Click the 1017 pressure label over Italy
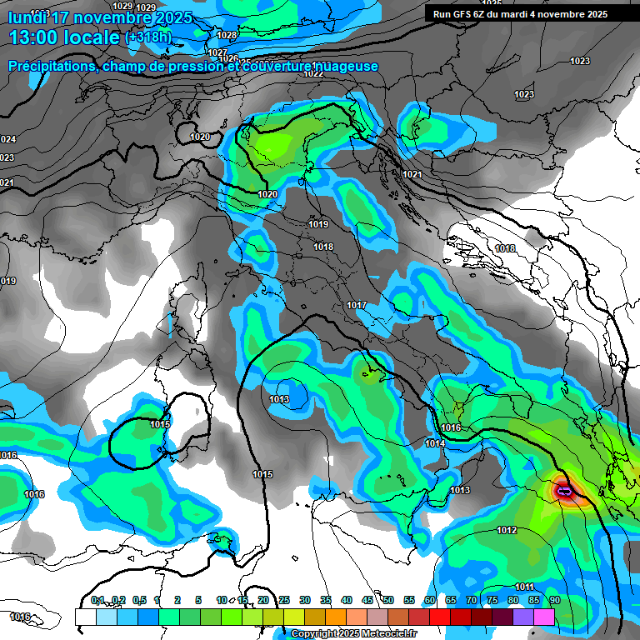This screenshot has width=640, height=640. tap(357, 306)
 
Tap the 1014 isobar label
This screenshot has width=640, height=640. tap(435, 444)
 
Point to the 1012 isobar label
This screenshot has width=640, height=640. tap(507, 531)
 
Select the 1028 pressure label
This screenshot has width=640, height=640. tap(227, 35)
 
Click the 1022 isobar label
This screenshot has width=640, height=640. tap(313, 73)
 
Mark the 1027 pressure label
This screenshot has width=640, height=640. tap(218, 52)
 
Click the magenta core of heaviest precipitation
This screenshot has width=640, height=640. tap(566, 492)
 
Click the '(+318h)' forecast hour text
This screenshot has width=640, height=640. tap(147, 37)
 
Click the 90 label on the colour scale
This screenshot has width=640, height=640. tap(554, 600)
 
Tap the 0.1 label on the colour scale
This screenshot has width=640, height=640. tap(97, 600)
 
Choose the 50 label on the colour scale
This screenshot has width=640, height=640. tap(388, 600)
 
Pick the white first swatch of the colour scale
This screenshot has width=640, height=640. tap(85, 617)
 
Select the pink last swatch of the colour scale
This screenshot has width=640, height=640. tap(544, 617)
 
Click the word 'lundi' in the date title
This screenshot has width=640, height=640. tap(27, 14)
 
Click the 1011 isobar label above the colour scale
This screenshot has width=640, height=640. tap(524, 587)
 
